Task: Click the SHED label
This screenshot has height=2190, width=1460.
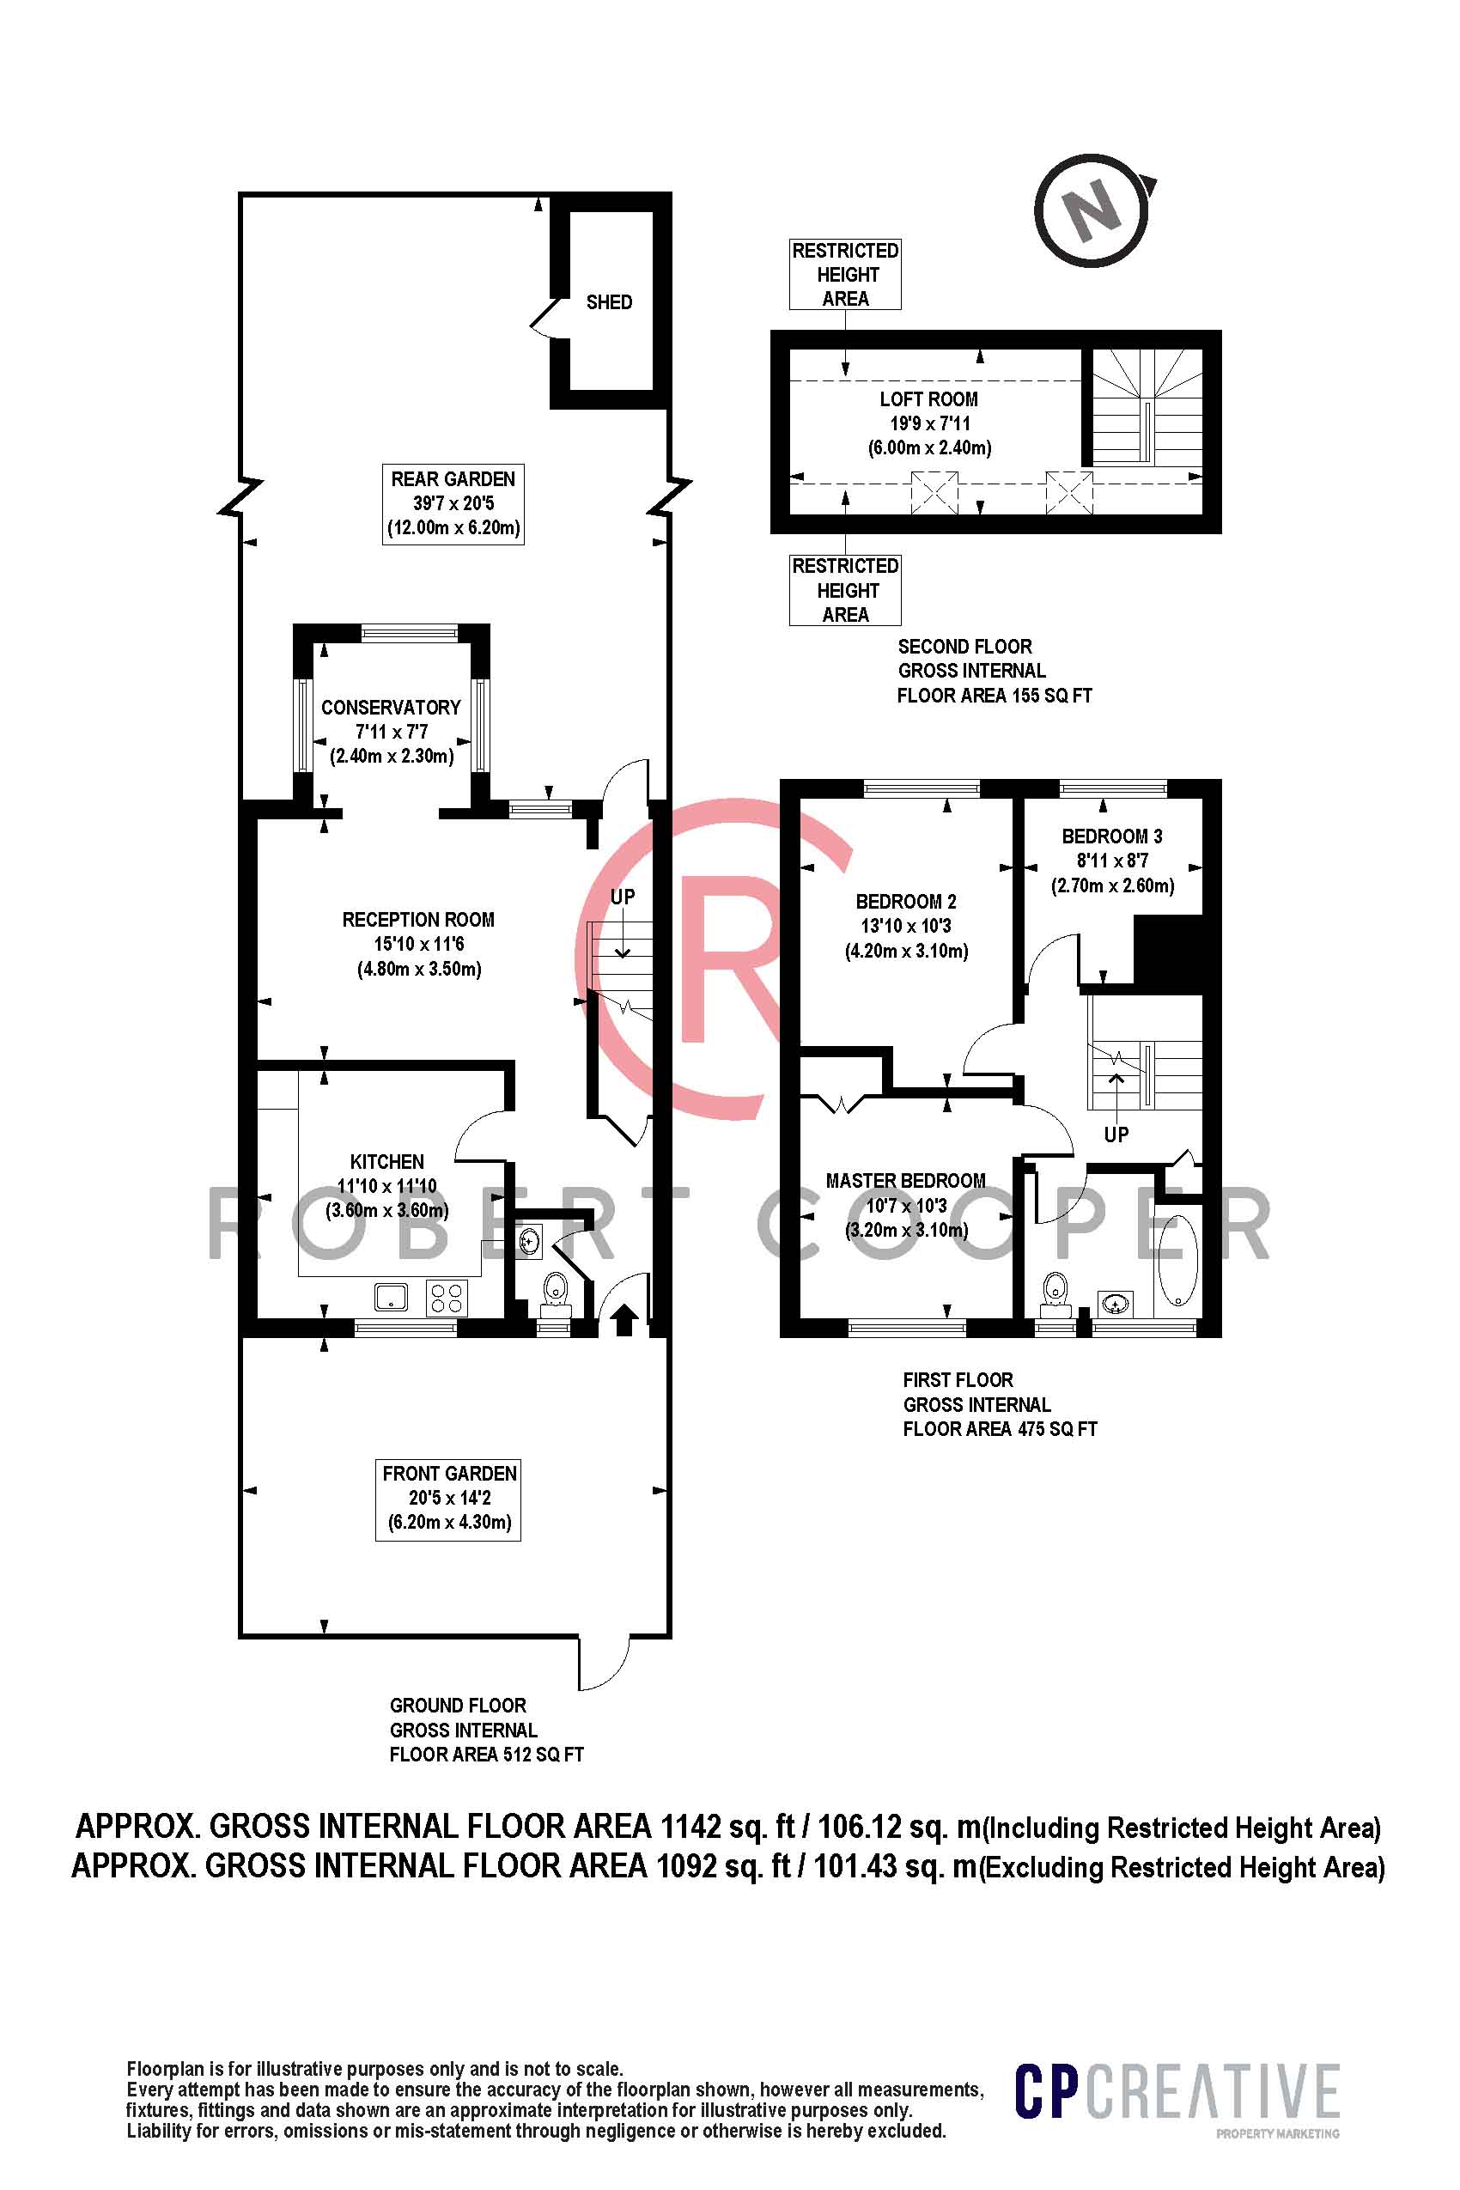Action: [609, 301]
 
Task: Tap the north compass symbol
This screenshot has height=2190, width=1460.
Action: [1094, 210]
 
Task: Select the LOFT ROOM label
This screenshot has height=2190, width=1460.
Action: [928, 399]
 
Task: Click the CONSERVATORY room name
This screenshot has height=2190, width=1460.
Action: [391, 707]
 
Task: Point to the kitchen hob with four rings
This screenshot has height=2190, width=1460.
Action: [447, 1297]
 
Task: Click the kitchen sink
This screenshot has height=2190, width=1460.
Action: [391, 1296]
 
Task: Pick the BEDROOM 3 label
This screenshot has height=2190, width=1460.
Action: [1112, 836]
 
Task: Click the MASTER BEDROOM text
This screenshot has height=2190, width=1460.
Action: [905, 1181]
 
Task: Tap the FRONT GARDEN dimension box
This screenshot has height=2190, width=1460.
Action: [449, 1500]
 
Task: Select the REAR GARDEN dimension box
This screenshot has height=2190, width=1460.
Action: [453, 504]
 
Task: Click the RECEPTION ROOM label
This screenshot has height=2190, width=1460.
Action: [418, 919]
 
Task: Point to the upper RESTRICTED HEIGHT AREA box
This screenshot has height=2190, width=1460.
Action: [845, 274]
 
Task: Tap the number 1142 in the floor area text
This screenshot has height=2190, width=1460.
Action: [690, 1826]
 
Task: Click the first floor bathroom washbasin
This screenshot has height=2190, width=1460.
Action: [1116, 1302]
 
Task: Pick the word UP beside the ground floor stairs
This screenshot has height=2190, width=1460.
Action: [622, 897]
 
